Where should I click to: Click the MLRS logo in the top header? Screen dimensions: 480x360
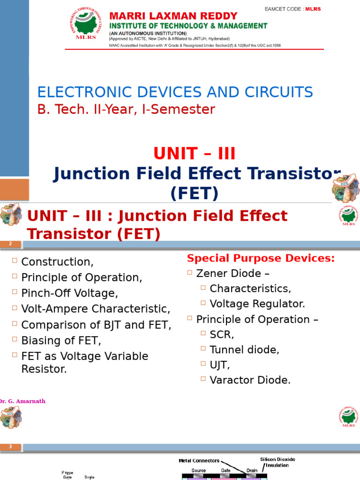[85, 24]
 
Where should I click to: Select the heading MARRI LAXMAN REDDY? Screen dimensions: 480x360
[173, 16]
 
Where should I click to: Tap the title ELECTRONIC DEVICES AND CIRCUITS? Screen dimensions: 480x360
[175, 92]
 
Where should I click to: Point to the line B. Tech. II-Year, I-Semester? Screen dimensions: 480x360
[126, 110]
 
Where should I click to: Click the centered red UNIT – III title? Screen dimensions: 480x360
[194, 154]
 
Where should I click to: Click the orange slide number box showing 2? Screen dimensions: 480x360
[11, 244]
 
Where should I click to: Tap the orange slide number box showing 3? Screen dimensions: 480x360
[11, 447]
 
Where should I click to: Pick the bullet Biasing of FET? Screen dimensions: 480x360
[61, 340]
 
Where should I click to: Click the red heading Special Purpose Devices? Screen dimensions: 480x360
[261, 258]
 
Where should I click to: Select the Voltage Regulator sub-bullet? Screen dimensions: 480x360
[257, 304]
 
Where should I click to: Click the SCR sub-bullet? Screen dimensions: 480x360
[222, 335]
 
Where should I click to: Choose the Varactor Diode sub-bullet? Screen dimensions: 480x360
[250, 380]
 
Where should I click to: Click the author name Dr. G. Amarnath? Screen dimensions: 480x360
[22, 401]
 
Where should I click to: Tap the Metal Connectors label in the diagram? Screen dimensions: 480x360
[199, 461]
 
